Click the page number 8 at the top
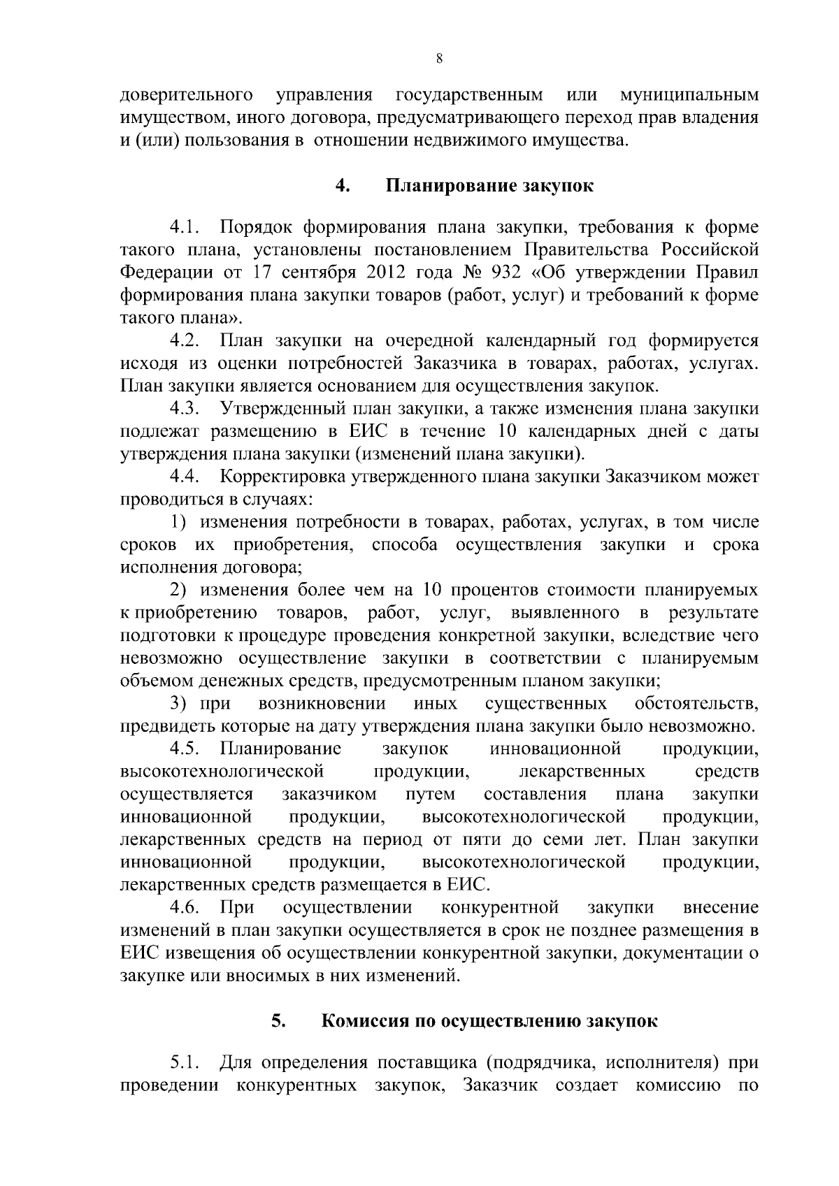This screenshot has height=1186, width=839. [x=439, y=59]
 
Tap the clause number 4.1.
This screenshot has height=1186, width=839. [x=185, y=227]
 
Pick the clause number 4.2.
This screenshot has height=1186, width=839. [x=185, y=341]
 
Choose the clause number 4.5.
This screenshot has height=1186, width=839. [x=185, y=749]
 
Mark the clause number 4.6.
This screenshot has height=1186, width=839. [x=185, y=908]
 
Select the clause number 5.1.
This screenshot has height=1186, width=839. [x=185, y=1064]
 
